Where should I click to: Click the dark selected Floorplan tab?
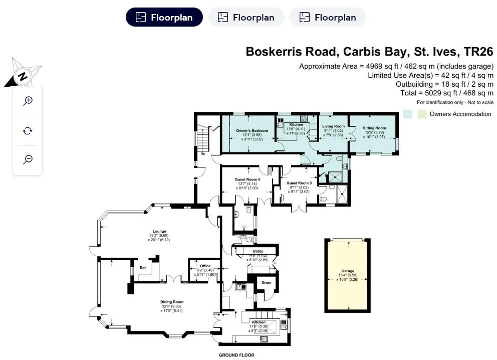(164, 18)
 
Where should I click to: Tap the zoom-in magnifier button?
(28, 101)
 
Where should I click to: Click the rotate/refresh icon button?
(28, 131)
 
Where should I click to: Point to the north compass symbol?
(22, 77)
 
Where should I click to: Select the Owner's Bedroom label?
(252, 131)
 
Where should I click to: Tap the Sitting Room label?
(374, 128)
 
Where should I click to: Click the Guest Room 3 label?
(299, 184)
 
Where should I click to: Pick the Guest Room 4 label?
(247, 179)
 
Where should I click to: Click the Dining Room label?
(172, 302)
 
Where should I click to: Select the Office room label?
(204, 266)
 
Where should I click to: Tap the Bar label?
(143, 268)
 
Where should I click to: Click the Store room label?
(267, 283)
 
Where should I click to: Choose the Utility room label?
(258, 251)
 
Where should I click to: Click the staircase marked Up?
(202, 138)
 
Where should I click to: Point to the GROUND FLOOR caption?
(236, 355)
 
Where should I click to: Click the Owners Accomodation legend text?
(460, 114)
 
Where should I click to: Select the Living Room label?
(333, 126)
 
